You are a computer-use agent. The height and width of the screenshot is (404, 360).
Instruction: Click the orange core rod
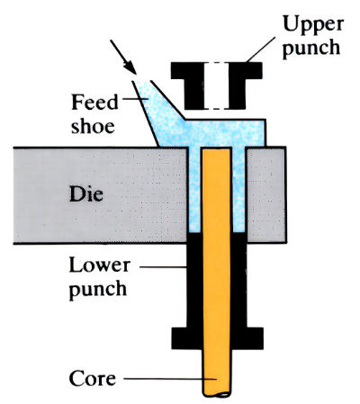[215, 270]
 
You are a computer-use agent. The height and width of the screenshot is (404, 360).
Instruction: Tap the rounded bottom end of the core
[215, 393]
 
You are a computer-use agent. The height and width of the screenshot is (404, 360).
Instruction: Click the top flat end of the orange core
[215, 150]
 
